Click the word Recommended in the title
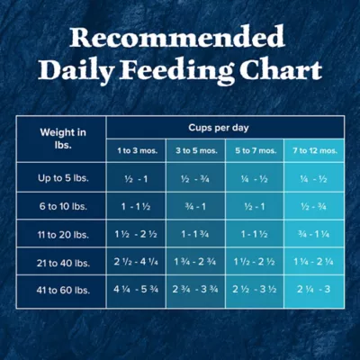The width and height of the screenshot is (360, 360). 177,37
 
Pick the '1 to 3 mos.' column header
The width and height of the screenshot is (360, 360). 137,150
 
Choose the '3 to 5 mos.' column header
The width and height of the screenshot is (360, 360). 196,150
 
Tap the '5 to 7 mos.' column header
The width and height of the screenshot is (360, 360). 255,150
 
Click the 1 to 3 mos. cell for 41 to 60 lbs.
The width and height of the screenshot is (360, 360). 137,290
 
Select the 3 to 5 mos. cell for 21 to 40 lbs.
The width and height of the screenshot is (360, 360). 196,262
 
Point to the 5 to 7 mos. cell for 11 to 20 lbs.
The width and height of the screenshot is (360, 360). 255,234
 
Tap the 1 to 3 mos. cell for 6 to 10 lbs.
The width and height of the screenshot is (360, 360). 137,206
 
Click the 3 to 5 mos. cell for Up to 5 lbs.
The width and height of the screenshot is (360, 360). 196,178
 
